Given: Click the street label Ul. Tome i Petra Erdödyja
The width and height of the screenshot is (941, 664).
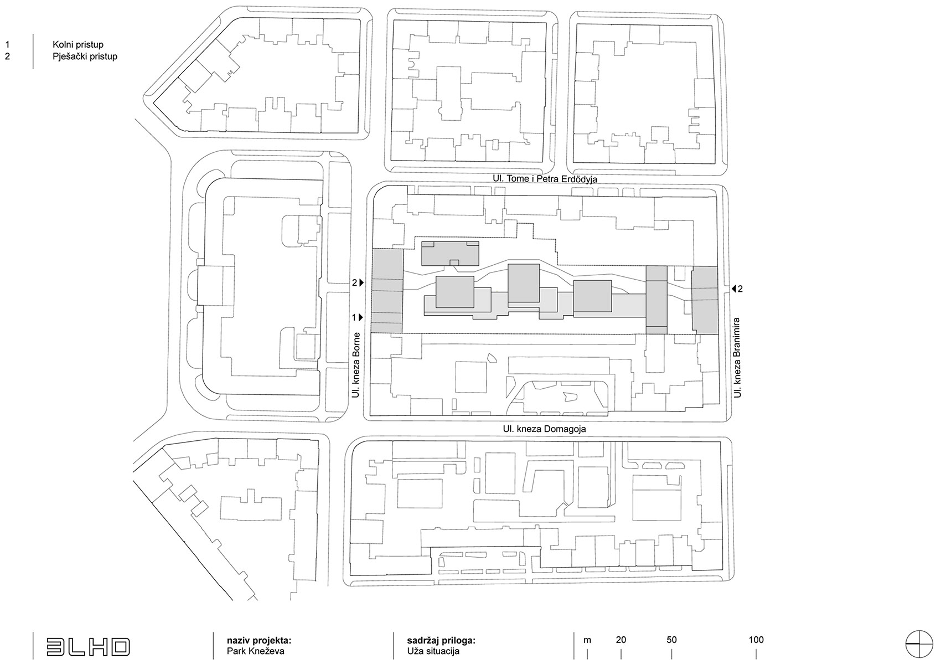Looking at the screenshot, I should click(545, 179).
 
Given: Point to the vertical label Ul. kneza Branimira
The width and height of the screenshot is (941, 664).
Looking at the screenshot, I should click(737, 357).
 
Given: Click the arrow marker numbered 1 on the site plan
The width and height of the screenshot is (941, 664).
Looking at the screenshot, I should click(358, 318).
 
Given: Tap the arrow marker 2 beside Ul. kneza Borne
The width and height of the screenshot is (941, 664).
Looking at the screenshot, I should click(358, 283).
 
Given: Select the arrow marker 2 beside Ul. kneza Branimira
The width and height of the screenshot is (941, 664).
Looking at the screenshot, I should click(736, 289).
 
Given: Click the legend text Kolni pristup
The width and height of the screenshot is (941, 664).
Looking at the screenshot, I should click(78, 45).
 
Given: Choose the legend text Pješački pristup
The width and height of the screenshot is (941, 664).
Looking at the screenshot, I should click(85, 56).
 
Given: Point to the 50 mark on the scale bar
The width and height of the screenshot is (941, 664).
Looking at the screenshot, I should click(671, 640).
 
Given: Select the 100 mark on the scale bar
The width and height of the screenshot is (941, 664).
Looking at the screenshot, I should click(756, 640).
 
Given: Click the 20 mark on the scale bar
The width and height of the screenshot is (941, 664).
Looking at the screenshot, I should click(621, 640).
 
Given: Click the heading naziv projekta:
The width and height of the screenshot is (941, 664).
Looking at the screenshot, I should click(259, 640).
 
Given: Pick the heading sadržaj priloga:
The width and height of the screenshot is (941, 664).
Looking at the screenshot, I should click(441, 640).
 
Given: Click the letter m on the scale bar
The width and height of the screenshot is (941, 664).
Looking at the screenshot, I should click(587, 640).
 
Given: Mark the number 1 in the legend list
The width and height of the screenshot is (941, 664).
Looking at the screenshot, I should click(7, 45).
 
